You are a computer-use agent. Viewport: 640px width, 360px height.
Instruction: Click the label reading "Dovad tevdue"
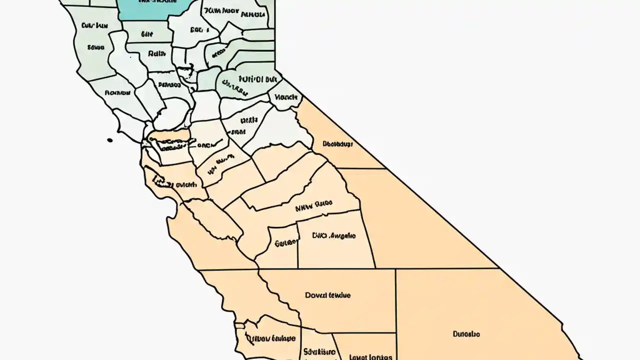[327, 295]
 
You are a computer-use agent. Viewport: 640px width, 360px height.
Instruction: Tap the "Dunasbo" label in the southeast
[466, 333]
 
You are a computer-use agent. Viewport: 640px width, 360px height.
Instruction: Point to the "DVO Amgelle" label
[333, 235]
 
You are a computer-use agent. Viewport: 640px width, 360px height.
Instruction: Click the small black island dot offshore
[110, 140]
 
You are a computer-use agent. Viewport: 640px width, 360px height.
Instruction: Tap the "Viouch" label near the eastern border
[286, 97]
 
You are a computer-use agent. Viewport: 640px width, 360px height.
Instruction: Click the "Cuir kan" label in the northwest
[94, 24]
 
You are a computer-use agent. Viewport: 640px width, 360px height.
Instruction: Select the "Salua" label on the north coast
[95, 47]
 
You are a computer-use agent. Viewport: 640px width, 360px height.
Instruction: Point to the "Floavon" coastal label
[117, 92]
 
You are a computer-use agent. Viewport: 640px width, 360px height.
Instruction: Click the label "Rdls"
[156, 52]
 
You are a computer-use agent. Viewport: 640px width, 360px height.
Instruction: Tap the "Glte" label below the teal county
[146, 34]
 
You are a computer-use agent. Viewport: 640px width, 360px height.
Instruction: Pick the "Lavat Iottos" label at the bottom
[370, 357]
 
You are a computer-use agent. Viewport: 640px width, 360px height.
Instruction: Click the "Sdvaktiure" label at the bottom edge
[319, 352]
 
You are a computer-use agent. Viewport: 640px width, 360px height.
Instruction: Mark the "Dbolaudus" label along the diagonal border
[337, 144]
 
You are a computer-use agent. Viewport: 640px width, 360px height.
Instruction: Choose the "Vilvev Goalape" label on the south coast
[273, 338]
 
